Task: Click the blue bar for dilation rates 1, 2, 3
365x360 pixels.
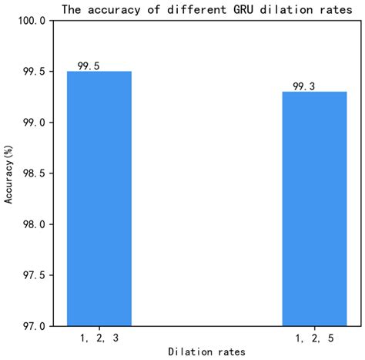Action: (x=99, y=198)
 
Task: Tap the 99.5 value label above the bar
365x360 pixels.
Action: (x=89, y=66)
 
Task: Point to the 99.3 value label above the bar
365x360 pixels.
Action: (x=304, y=86)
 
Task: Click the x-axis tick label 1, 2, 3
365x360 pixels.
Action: (x=99, y=336)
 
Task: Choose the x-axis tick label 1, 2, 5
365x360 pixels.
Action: (x=314, y=336)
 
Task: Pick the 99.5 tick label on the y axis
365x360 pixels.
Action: (x=32, y=72)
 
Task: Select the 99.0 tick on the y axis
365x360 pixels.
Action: (x=32, y=123)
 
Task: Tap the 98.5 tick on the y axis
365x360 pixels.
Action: (x=32, y=173)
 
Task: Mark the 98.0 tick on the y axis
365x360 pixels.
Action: (x=32, y=224)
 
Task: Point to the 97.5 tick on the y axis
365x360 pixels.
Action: (x=32, y=275)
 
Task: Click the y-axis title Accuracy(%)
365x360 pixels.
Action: (x=10, y=173)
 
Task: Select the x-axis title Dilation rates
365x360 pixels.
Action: (x=206, y=351)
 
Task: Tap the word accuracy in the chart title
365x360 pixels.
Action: (x=111, y=10)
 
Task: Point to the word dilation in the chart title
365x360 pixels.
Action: (x=267, y=10)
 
